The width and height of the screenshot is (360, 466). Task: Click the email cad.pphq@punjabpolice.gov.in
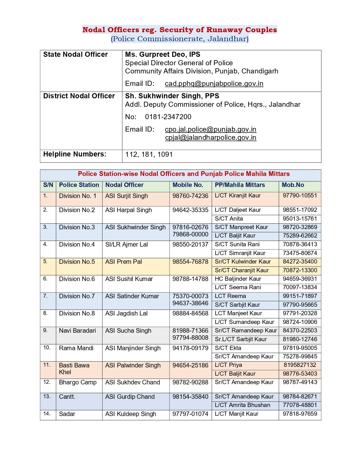point(214,84)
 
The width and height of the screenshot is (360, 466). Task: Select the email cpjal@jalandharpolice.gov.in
point(211,138)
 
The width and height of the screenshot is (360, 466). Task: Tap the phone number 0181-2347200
point(168,117)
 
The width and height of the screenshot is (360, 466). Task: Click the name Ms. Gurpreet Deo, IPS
point(163,55)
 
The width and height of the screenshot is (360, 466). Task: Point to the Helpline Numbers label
point(75,154)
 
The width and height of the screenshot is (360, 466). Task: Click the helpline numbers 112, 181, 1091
point(149,154)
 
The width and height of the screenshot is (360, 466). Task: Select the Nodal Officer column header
point(124,185)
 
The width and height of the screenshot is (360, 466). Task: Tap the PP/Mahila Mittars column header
point(240,185)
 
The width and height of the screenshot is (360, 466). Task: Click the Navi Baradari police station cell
point(77,331)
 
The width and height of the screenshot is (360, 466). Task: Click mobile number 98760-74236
point(190,196)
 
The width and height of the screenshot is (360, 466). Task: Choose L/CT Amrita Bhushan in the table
point(242,405)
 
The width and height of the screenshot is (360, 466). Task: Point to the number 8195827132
point(300,365)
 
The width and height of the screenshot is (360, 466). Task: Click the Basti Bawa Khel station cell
point(74,369)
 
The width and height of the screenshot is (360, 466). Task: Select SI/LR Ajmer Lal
point(126,245)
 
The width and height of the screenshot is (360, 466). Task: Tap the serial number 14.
point(47,414)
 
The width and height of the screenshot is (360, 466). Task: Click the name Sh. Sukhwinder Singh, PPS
point(172,96)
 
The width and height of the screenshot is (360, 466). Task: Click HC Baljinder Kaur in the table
point(238,279)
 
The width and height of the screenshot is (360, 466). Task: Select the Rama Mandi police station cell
point(76,348)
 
